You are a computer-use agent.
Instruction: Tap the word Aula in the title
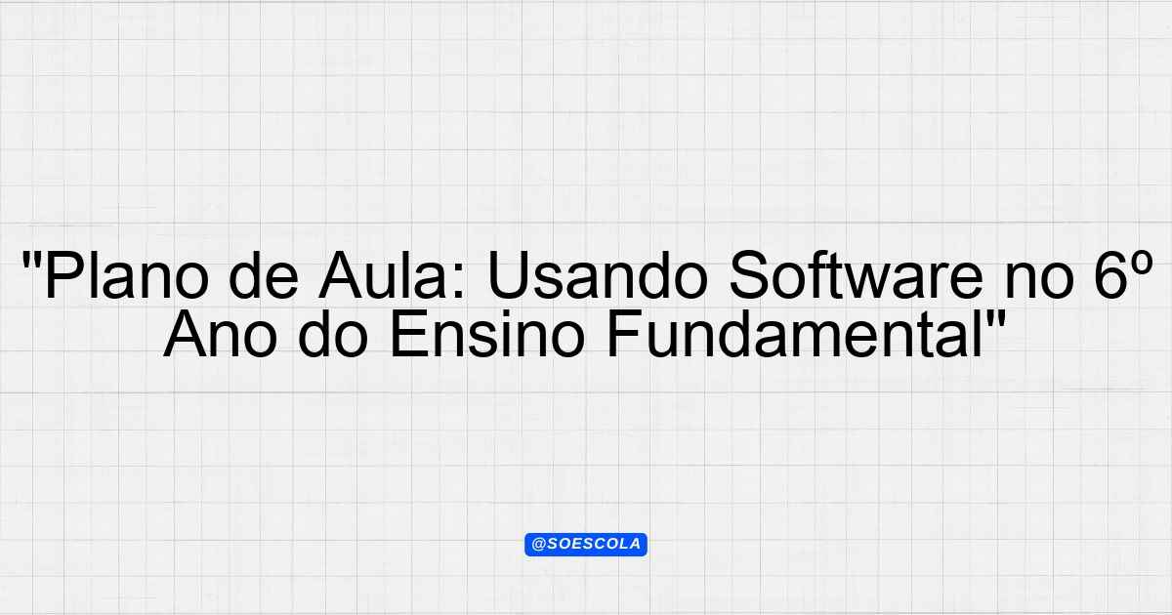click(x=392, y=274)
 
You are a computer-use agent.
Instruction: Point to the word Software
click(x=856, y=274)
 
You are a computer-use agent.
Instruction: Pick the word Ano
click(x=221, y=333)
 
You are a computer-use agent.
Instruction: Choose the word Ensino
click(x=486, y=333)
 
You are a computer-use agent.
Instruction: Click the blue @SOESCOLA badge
click(x=586, y=545)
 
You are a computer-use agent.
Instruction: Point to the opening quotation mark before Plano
click(x=31, y=259)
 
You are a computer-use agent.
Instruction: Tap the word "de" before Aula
click(x=264, y=274)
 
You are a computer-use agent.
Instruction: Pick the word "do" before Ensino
click(x=333, y=333)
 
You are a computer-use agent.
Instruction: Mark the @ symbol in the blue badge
click(x=538, y=545)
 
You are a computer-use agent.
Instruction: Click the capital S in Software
click(x=749, y=275)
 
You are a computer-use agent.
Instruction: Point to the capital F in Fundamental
click(x=624, y=333)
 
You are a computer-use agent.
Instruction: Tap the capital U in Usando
click(x=508, y=275)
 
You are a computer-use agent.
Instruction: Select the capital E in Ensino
click(x=408, y=333)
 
